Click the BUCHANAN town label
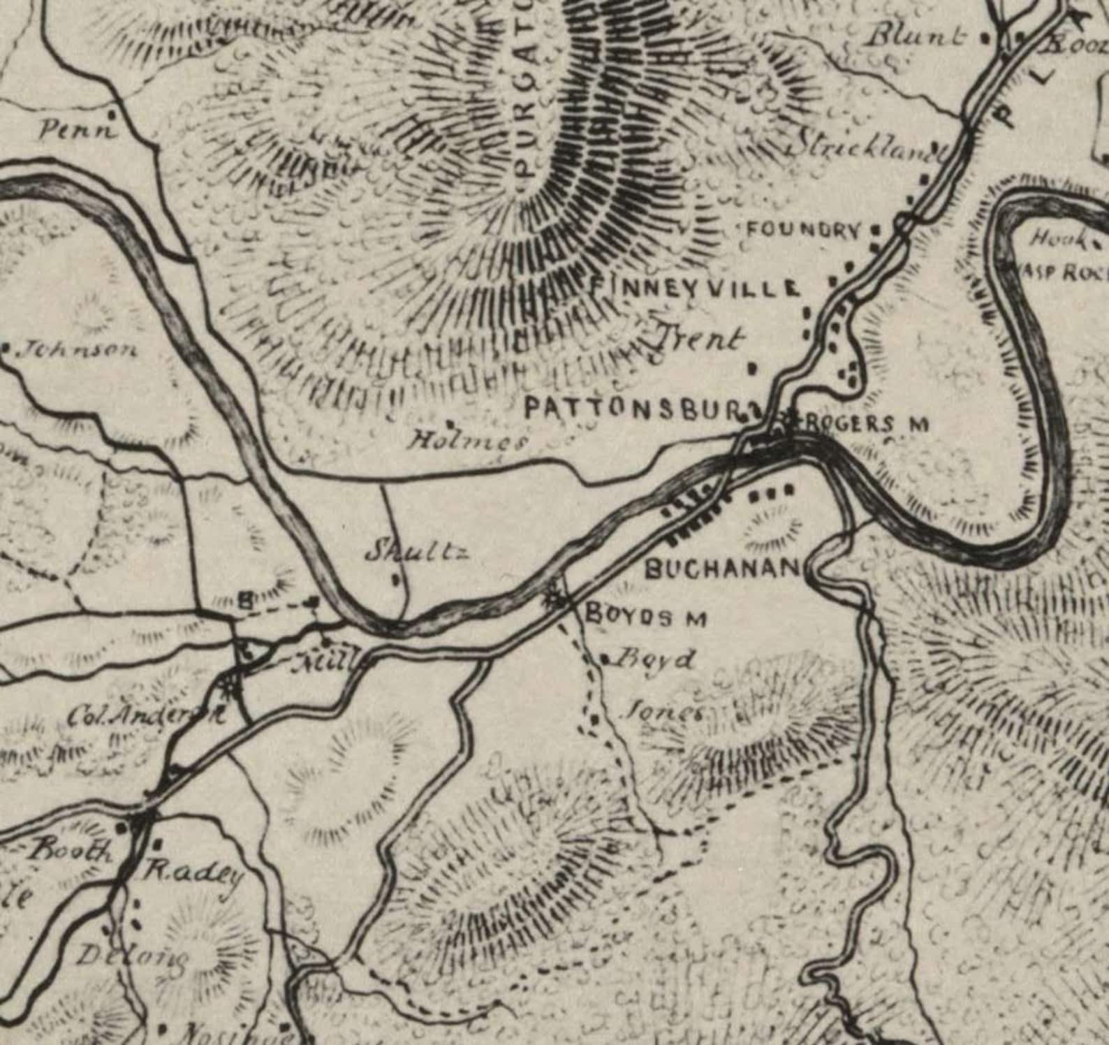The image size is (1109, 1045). pos(721,569)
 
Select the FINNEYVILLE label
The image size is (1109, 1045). pos(696,287)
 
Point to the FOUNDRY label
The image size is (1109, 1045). pos(803,229)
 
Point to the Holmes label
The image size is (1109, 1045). pos(468,441)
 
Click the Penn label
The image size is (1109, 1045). pos(78,129)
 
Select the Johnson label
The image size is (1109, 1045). pos(77,349)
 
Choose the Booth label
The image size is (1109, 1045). pos(69,850)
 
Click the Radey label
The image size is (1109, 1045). pos(193,874)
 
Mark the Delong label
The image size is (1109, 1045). pos(131,956)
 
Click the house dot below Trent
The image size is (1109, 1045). pos(752,367)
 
